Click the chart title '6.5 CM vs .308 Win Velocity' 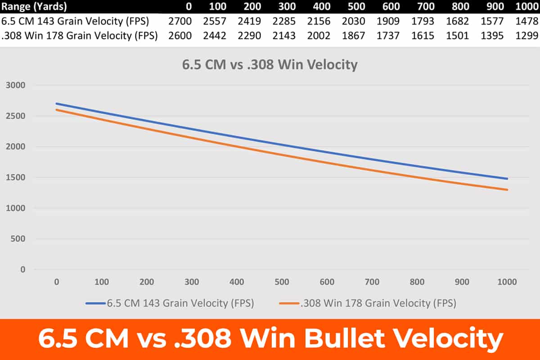coord(270,65)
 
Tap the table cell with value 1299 coord(527,36)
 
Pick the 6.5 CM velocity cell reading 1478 coord(527,22)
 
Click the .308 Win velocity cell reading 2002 coord(319,36)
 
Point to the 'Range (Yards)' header coord(34,7)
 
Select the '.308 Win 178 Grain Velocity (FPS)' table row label coord(79,36)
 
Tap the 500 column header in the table coord(356,7)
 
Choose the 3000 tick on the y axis coord(17,85)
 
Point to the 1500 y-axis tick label coord(17,178)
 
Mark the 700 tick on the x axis coord(372,282)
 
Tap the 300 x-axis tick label coord(192,282)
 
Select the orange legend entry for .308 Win coord(368,303)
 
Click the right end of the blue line coord(507,179)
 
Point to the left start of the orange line coord(57,110)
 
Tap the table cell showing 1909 coord(391,22)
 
